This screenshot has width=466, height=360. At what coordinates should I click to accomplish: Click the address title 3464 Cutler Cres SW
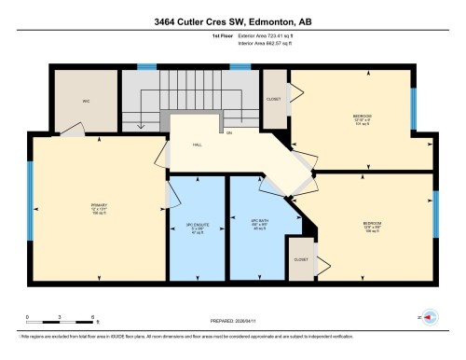tap(233, 19)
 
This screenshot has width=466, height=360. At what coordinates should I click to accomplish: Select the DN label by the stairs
tap(228, 132)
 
